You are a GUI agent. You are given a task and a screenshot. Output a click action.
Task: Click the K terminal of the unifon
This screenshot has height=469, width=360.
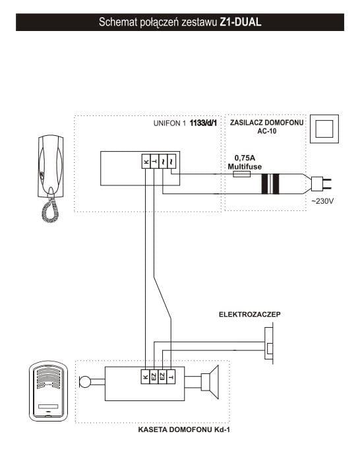[145, 162]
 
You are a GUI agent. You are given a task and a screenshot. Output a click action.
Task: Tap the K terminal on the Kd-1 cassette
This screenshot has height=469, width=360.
[145, 377]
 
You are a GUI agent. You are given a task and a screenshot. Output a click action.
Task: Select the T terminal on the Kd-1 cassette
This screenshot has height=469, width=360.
[171, 377]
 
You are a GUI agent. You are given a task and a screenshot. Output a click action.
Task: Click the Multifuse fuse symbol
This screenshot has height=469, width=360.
[241, 174]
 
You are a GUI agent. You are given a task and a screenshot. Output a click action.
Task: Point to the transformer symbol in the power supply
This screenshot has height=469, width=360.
[270, 183]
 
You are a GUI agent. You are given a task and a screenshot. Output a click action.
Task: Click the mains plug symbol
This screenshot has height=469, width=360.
[322, 183]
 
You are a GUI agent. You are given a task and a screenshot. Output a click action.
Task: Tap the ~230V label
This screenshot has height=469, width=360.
[322, 201]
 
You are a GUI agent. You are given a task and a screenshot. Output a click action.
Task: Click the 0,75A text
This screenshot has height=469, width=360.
[245, 158]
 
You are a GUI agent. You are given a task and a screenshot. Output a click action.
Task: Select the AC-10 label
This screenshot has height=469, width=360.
[267, 131]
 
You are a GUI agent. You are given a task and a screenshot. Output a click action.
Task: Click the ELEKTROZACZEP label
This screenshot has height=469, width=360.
[250, 315]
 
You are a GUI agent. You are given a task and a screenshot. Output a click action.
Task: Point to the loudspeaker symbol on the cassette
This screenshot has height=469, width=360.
[210, 382]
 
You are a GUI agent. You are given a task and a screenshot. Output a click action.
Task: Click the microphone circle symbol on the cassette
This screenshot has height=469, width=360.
[84, 381]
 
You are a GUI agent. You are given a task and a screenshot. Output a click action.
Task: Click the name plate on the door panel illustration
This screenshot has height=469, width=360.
[48, 406]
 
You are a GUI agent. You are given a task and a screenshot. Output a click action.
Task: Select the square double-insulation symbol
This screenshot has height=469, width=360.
[324, 129]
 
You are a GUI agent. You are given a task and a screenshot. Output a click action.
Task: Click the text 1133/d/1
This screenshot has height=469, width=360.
[203, 123]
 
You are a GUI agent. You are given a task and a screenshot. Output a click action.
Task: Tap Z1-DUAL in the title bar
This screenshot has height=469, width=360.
[241, 22]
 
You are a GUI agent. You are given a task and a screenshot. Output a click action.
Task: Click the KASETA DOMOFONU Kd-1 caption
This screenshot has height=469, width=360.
[184, 430]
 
